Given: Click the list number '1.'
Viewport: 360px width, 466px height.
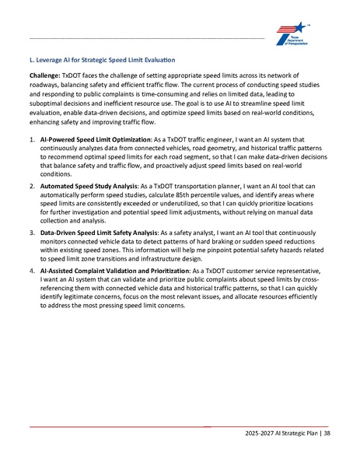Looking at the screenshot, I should (32, 141).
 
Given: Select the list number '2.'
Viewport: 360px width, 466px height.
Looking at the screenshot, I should (32, 187).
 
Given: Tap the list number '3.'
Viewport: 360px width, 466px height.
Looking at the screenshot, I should (32, 233).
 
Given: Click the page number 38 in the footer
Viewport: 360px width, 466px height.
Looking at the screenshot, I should (327, 433).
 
